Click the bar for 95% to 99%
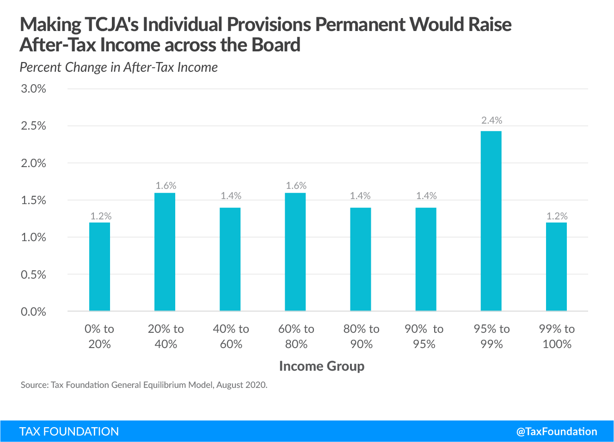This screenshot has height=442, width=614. click(x=491, y=221)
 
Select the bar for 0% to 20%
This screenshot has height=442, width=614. click(x=99, y=267)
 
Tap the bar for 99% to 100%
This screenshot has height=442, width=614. click(x=556, y=267)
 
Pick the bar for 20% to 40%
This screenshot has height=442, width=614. click(x=165, y=252)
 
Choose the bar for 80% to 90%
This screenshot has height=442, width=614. click(x=360, y=259)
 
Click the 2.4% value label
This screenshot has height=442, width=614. click(x=491, y=120)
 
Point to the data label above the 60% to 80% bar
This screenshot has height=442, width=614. click(x=296, y=186)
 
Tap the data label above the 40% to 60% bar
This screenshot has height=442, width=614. click(x=231, y=196)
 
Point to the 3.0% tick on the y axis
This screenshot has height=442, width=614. click(x=33, y=89)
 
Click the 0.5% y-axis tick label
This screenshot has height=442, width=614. click(x=33, y=274)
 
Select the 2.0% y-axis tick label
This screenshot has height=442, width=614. click(x=33, y=163)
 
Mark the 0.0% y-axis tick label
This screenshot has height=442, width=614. click(x=33, y=312)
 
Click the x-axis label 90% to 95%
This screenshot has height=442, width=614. click(x=424, y=336)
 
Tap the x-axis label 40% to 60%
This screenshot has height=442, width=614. click(x=231, y=336)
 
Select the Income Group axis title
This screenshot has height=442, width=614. click(x=322, y=366)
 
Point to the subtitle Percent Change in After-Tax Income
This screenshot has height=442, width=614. click(x=118, y=68)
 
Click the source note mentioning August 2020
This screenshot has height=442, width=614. click(x=144, y=385)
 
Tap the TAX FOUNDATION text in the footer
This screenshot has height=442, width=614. click(x=69, y=431)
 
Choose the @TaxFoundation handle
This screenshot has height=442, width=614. click(x=557, y=431)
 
